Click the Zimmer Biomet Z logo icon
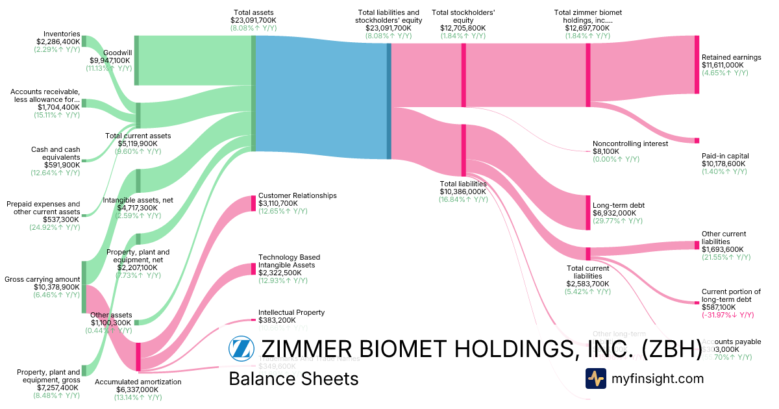click(241, 349)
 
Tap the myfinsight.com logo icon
click(596, 378)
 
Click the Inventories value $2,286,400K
click(58, 42)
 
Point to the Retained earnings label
click(731, 57)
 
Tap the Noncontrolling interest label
click(630, 143)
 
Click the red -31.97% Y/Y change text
click(728, 315)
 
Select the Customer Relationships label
click(297, 195)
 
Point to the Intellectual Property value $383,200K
click(277, 320)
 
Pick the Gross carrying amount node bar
click(84, 287)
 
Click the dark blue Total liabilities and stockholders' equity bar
click(389, 101)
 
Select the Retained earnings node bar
click(697, 64)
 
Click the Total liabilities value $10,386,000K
click(463, 192)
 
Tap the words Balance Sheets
click(293, 378)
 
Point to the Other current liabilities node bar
click(697, 245)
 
